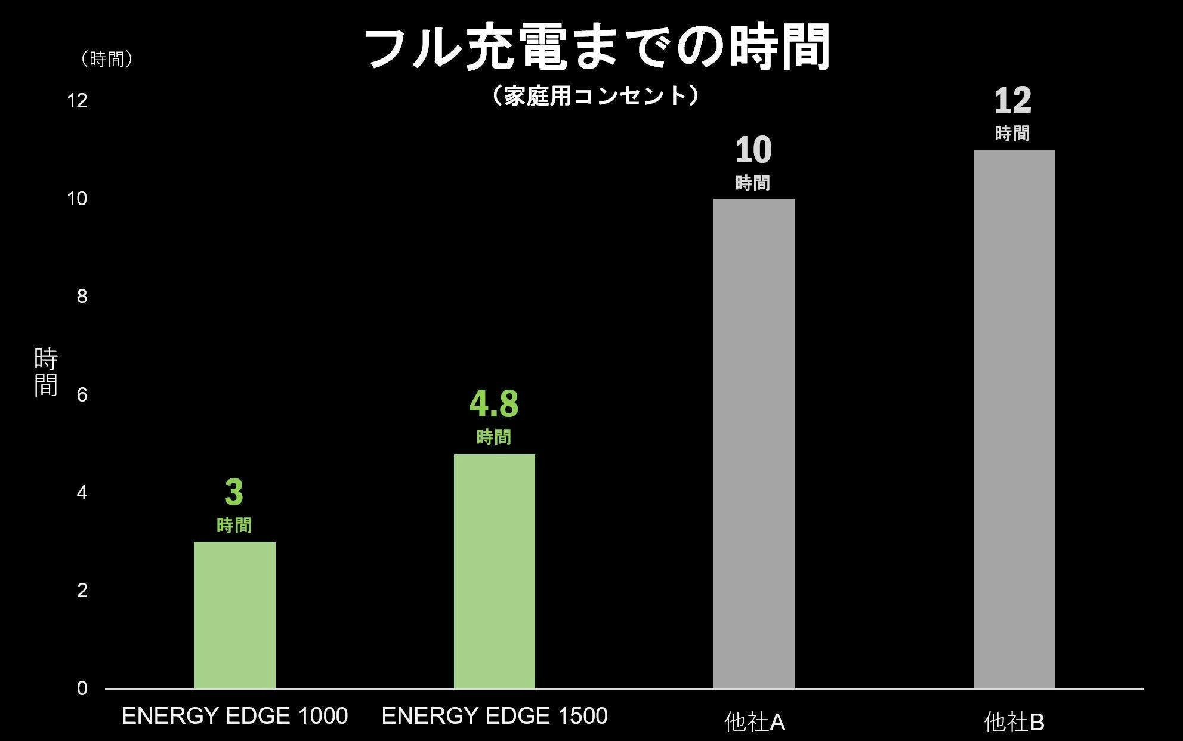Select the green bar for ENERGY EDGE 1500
tap(494, 571)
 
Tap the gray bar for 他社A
tap(754, 443)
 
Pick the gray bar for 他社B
tap(1014, 419)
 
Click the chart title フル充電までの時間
tap(597, 48)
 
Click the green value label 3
tap(234, 493)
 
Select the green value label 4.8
tap(494, 404)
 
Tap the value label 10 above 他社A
tap(753, 150)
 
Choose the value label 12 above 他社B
tap(1012, 101)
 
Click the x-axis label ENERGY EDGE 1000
tap(234, 716)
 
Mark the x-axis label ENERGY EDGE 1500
tap(494, 716)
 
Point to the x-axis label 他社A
tap(754, 723)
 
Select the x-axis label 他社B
tap(1014, 723)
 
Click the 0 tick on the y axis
tap(82, 688)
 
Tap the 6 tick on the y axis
tap(82, 394)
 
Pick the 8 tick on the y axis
tap(82, 297)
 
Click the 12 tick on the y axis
tap(78, 101)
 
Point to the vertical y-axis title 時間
tap(46, 372)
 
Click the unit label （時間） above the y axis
tap(107, 59)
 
